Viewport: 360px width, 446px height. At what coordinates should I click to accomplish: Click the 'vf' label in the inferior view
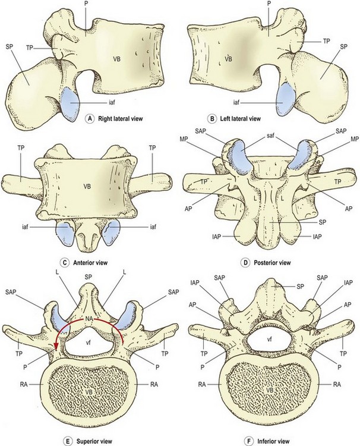tap(269, 338)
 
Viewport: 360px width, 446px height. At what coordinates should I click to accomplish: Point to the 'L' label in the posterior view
tap(254, 193)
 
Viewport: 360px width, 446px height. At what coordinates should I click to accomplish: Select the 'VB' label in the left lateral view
tap(228, 58)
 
